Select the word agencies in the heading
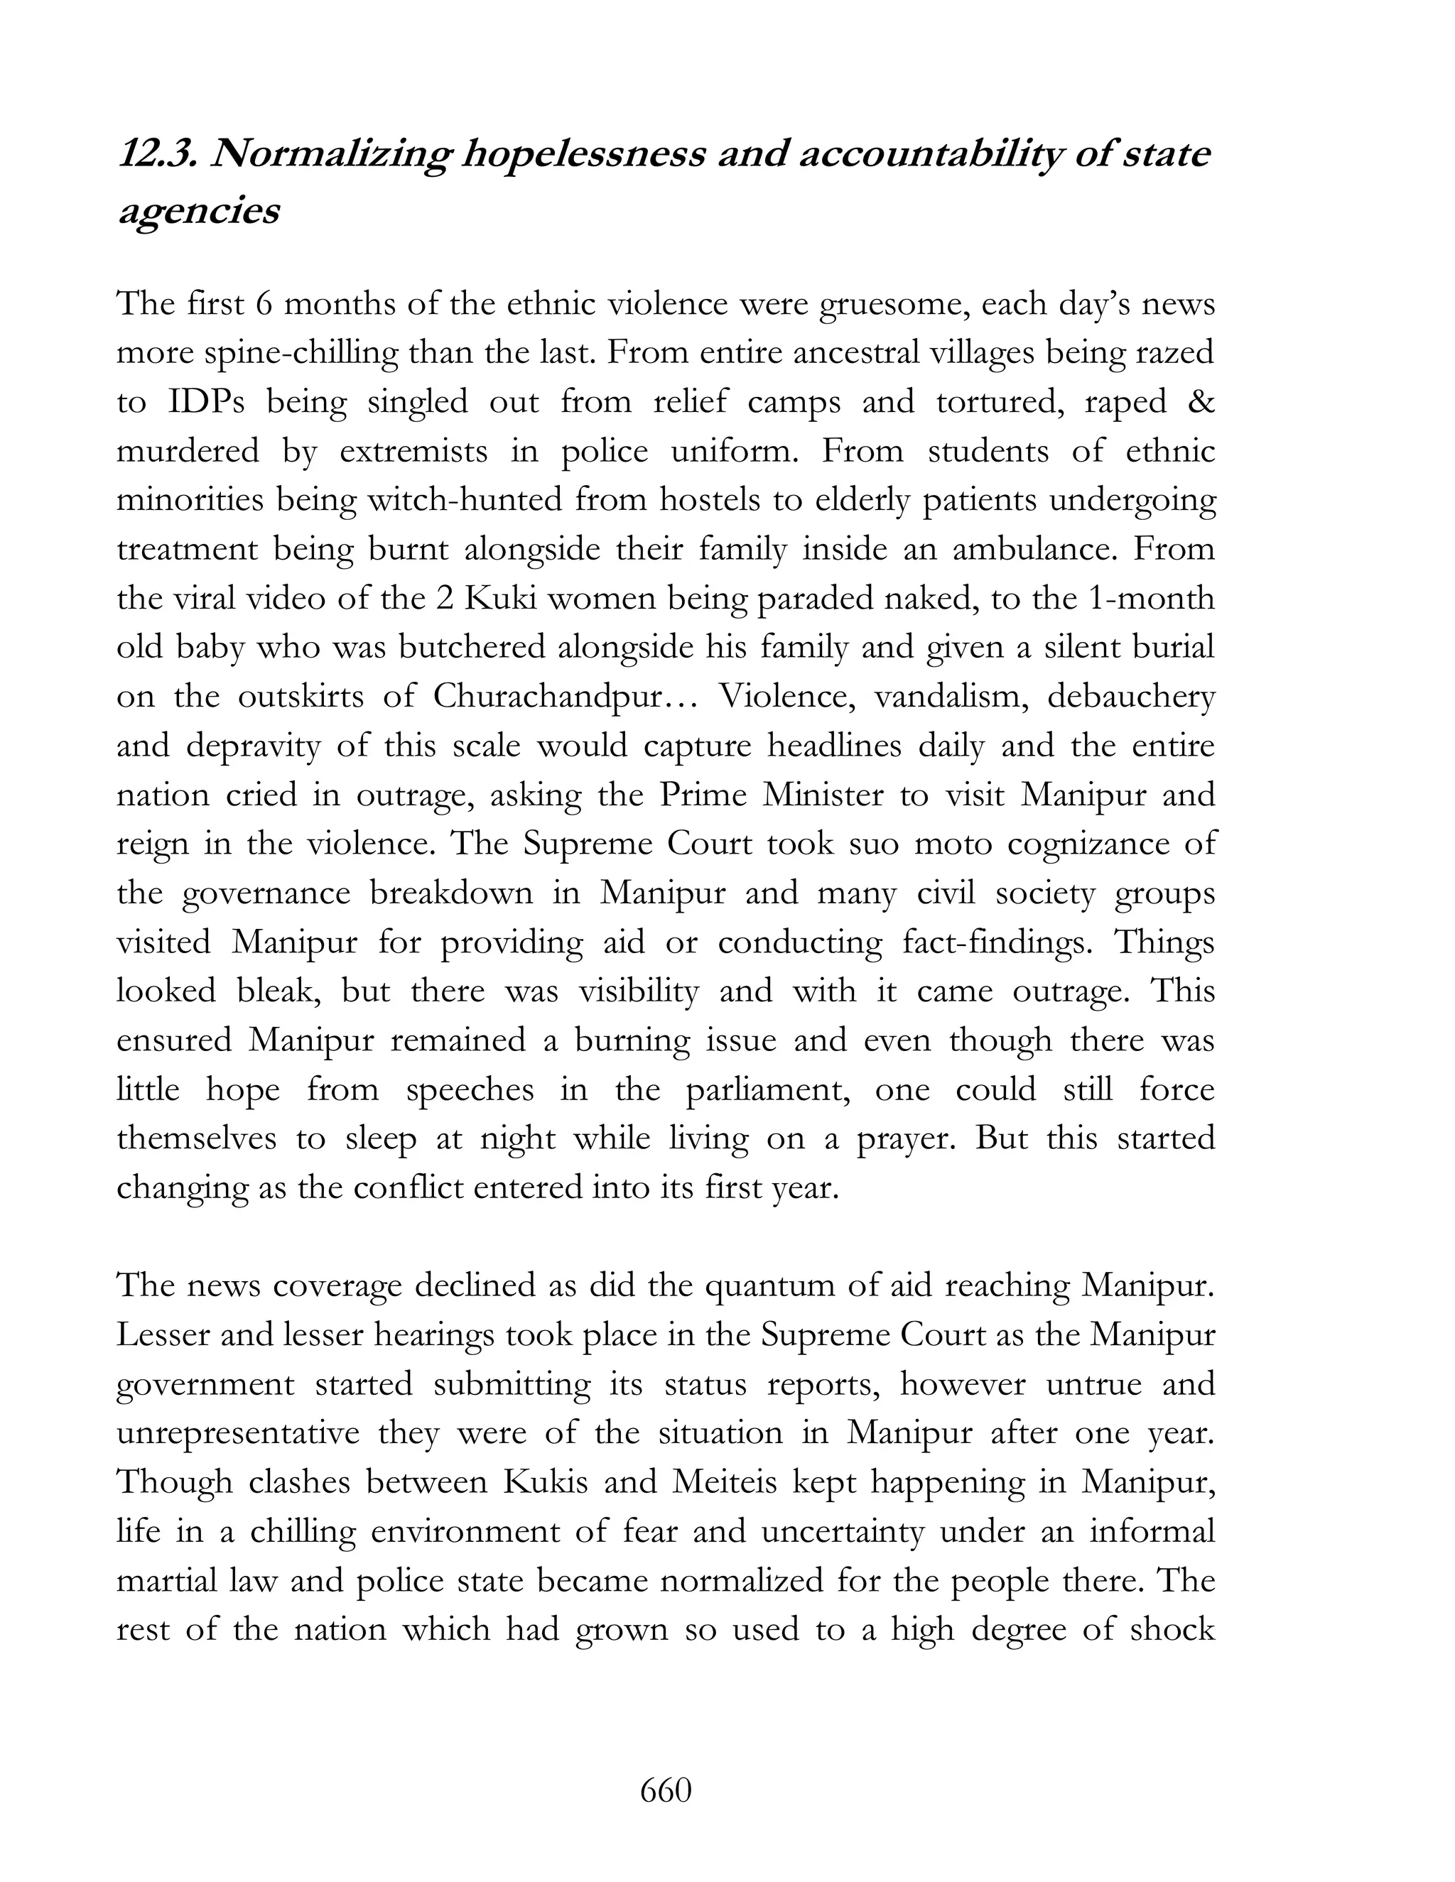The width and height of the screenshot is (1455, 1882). pos(198,211)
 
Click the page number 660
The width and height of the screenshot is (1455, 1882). pos(666,1790)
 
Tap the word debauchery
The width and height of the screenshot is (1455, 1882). pos(1130,696)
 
